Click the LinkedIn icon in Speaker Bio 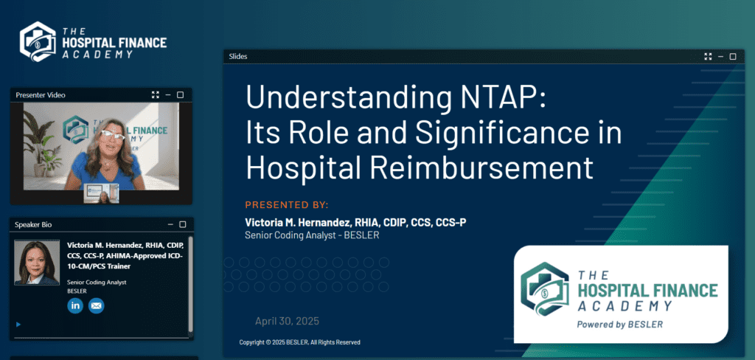[x=75, y=305]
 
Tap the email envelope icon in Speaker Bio [x=97, y=305]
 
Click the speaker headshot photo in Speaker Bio [x=37, y=263]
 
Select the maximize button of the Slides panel [x=733, y=56]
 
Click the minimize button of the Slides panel [x=721, y=56]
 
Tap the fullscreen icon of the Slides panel [x=708, y=56]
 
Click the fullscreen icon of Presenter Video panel [x=155, y=95]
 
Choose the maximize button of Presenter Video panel [x=180, y=95]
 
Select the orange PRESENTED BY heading [x=287, y=205]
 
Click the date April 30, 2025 [x=287, y=321]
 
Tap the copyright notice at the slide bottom [x=299, y=342]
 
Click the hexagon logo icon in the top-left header [x=38, y=41]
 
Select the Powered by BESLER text [x=619, y=325]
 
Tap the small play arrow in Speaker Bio [x=18, y=325]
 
